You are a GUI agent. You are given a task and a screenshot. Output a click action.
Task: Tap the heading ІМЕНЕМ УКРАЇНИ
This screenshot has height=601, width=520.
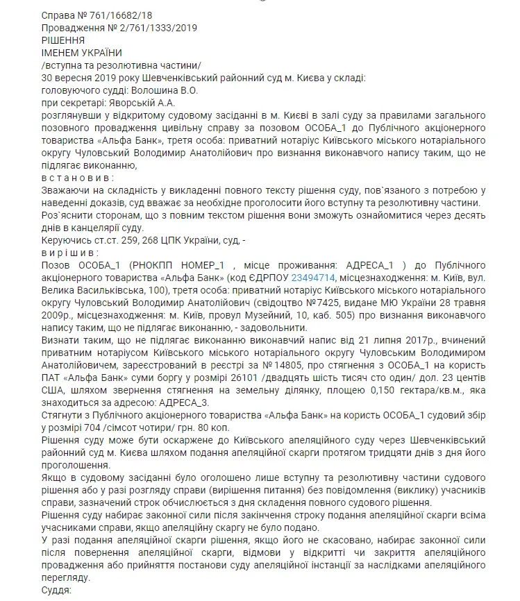(x=82, y=52)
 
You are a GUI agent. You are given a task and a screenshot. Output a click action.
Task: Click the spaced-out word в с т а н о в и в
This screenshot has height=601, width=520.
(x=78, y=177)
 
